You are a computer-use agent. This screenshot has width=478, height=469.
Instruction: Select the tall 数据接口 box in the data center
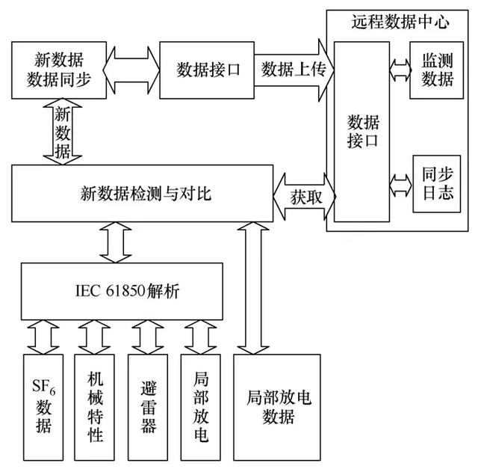[361, 131]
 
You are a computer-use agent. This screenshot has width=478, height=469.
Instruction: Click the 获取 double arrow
[304, 197]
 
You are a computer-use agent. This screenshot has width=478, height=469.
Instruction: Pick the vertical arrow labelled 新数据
[62, 133]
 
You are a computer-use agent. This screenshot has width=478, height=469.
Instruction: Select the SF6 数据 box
[43, 407]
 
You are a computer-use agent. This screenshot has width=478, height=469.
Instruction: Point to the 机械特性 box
[96, 407]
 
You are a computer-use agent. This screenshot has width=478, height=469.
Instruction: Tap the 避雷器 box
[149, 407]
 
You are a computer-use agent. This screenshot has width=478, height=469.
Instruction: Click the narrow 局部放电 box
[200, 407]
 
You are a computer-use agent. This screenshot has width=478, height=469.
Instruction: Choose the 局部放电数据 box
[277, 407]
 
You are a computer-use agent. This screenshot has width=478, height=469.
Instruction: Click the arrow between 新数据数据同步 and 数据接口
[132, 70]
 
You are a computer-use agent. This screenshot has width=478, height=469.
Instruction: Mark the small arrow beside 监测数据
[400, 70]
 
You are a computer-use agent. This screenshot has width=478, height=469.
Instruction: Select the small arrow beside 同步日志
[400, 183]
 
